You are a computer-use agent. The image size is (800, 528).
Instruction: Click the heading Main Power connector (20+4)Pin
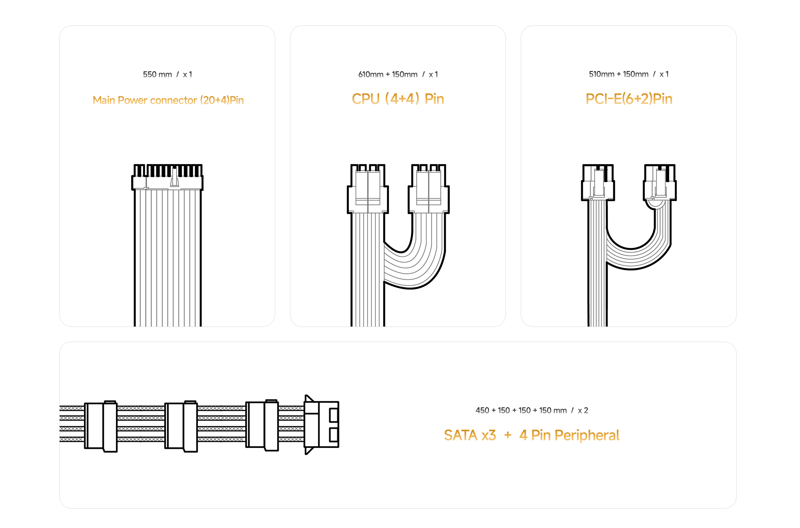pos(168,100)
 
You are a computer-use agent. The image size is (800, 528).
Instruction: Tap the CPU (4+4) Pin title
pos(398,99)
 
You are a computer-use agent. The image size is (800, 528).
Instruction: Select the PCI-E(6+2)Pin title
pos(629,99)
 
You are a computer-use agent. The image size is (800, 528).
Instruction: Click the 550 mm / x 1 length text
pos(168,74)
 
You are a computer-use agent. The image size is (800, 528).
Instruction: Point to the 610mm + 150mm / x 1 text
pos(398,74)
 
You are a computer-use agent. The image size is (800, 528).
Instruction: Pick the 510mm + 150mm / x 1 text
pos(629,74)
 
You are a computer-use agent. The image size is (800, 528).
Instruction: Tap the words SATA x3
pos(470,435)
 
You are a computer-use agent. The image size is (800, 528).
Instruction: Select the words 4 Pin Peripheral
pos(569,435)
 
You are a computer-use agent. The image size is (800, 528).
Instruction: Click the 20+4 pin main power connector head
pos(168,177)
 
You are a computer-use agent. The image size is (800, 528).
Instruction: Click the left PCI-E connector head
pos(598,182)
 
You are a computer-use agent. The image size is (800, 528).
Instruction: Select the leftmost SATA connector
pos(101,426)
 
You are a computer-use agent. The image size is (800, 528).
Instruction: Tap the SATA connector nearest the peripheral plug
pos(262,426)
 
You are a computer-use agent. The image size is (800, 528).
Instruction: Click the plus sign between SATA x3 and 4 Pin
pos(508,435)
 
